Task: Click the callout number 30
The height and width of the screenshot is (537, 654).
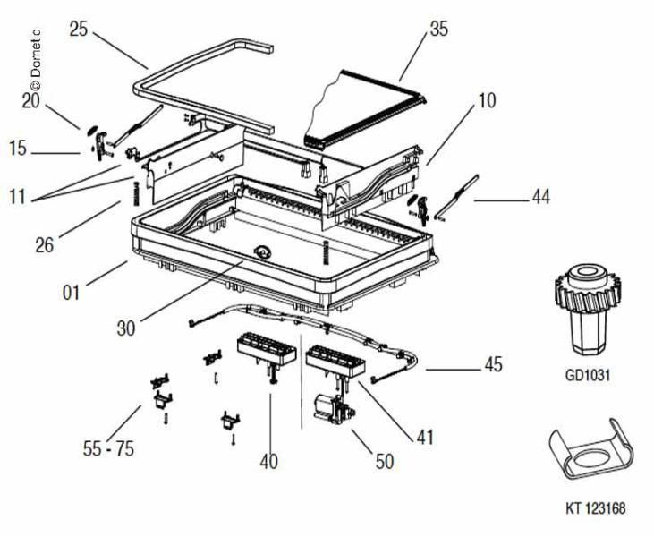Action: pyautogui.click(x=126, y=328)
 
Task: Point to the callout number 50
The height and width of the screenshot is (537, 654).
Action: pyautogui.click(x=384, y=461)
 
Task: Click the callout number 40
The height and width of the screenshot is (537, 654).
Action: pyautogui.click(x=268, y=461)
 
